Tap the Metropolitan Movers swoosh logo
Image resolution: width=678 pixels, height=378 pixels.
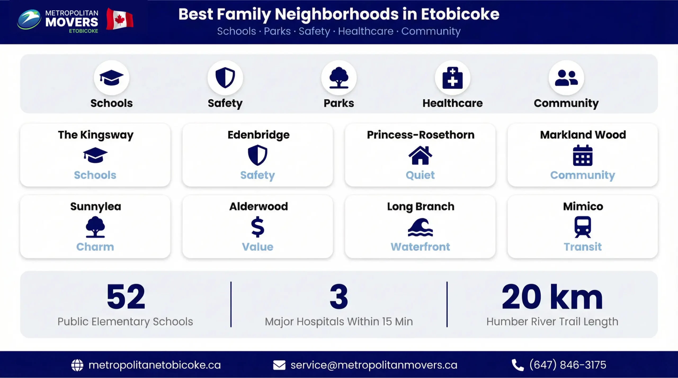(x=29, y=19)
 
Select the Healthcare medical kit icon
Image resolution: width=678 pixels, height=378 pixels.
(x=452, y=78)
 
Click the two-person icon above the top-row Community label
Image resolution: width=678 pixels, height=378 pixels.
(x=566, y=78)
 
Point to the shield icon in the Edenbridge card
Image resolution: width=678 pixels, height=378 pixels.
(x=257, y=155)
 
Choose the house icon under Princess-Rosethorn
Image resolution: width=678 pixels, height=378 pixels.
(x=420, y=155)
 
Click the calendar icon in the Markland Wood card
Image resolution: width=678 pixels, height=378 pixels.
(x=583, y=156)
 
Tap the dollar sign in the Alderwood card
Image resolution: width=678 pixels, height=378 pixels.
(x=257, y=227)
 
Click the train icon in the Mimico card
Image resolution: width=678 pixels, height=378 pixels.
(x=583, y=227)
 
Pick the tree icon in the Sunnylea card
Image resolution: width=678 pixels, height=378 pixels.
(x=95, y=227)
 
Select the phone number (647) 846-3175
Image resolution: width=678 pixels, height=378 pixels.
(x=568, y=365)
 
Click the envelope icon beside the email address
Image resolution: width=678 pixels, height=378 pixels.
(x=279, y=365)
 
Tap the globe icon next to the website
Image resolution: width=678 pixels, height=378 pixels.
(x=77, y=365)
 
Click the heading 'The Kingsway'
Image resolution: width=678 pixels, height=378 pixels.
(x=96, y=135)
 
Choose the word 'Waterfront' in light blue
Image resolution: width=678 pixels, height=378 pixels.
(x=420, y=247)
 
